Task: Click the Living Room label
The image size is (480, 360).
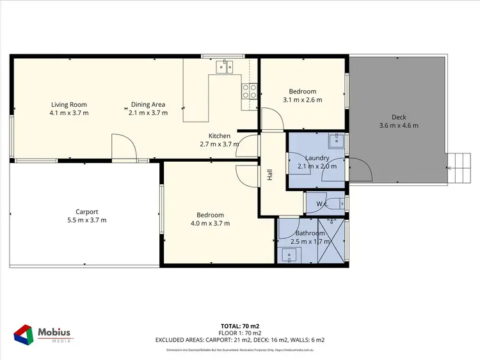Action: [x=69, y=105]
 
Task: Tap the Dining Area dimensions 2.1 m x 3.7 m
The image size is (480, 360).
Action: [x=148, y=113]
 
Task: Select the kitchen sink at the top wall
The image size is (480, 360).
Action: [x=225, y=65]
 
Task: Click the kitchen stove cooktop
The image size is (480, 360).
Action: [x=249, y=91]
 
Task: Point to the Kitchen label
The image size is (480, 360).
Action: [x=220, y=136]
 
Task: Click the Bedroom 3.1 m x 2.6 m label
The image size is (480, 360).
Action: [x=302, y=91]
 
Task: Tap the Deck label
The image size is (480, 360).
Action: [x=399, y=117]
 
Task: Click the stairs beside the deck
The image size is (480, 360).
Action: [x=458, y=168]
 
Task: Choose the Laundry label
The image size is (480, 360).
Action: [x=317, y=158]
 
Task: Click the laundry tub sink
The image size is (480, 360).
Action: [x=337, y=140]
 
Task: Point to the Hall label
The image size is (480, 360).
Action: [x=270, y=174]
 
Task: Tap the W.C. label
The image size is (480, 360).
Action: [x=323, y=205]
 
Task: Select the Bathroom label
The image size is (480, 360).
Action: [x=307, y=233]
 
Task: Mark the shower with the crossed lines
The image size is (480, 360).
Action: [x=332, y=240]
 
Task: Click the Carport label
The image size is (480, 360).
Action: [x=86, y=212]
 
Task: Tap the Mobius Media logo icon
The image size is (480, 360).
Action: [x=24, y=336]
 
